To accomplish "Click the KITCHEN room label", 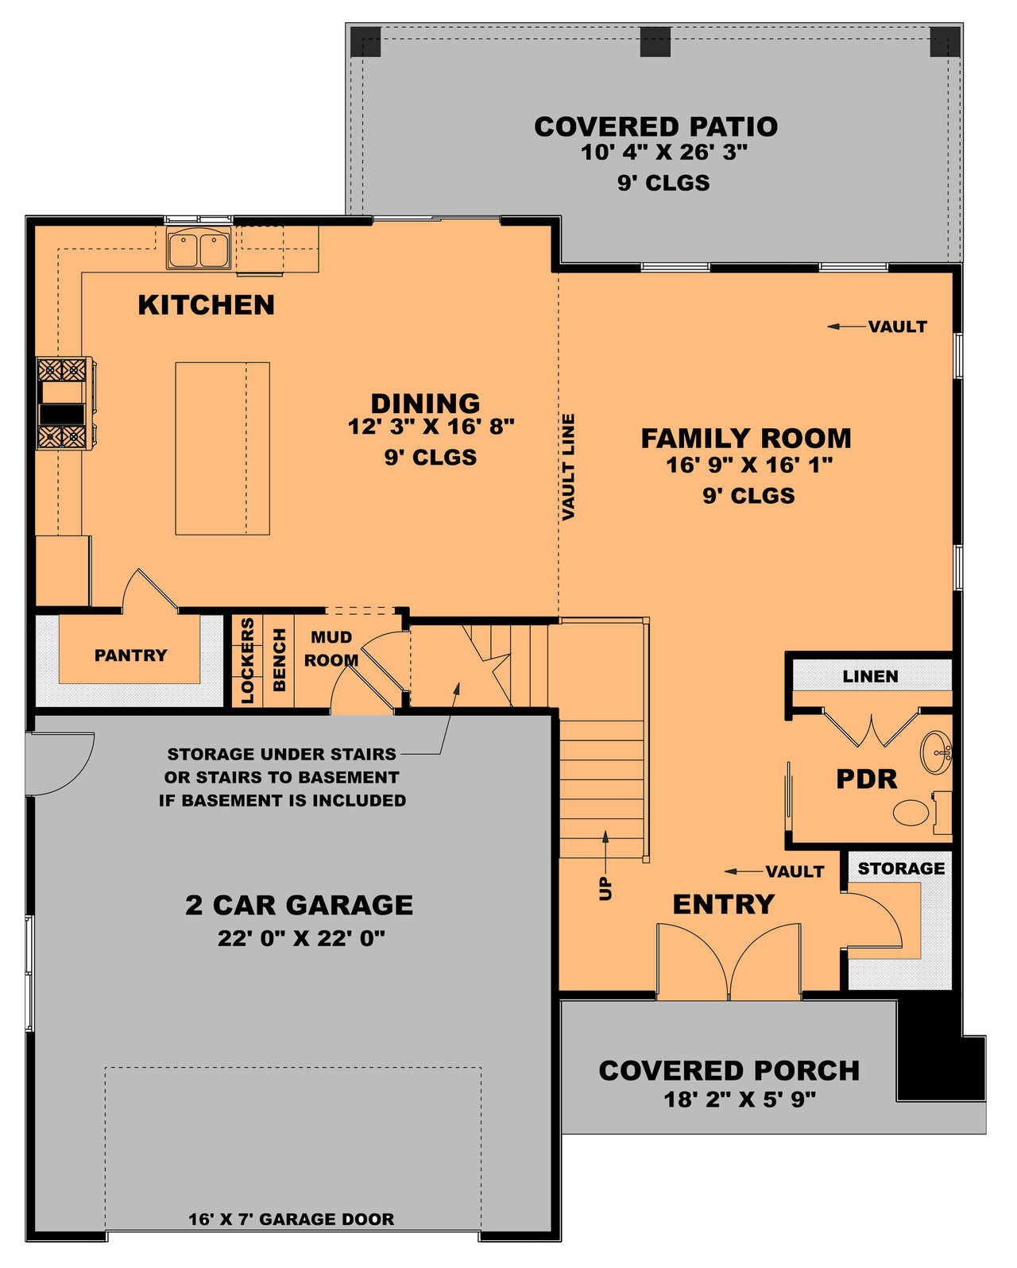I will click(206, 305).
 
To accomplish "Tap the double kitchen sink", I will click(199, 249).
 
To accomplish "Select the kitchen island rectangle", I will click(222, 448).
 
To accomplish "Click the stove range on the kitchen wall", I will click(64, 404).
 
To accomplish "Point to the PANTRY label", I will click(130, 655).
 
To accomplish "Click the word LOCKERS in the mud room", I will click(248, 661).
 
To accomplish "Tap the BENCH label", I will click(279, 659).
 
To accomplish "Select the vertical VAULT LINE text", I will click(568, 467).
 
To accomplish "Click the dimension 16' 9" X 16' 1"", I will click(748, 465).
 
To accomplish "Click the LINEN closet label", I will click(870, 676).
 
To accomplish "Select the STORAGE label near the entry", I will click(901, 868).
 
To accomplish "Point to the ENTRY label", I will click(723, 904).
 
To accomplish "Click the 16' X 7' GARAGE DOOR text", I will click(291, 1219).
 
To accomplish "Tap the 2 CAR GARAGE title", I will click(299, 905).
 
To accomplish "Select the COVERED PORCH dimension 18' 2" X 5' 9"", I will click(740, 1100).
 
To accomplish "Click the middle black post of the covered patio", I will click(655, 41).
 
